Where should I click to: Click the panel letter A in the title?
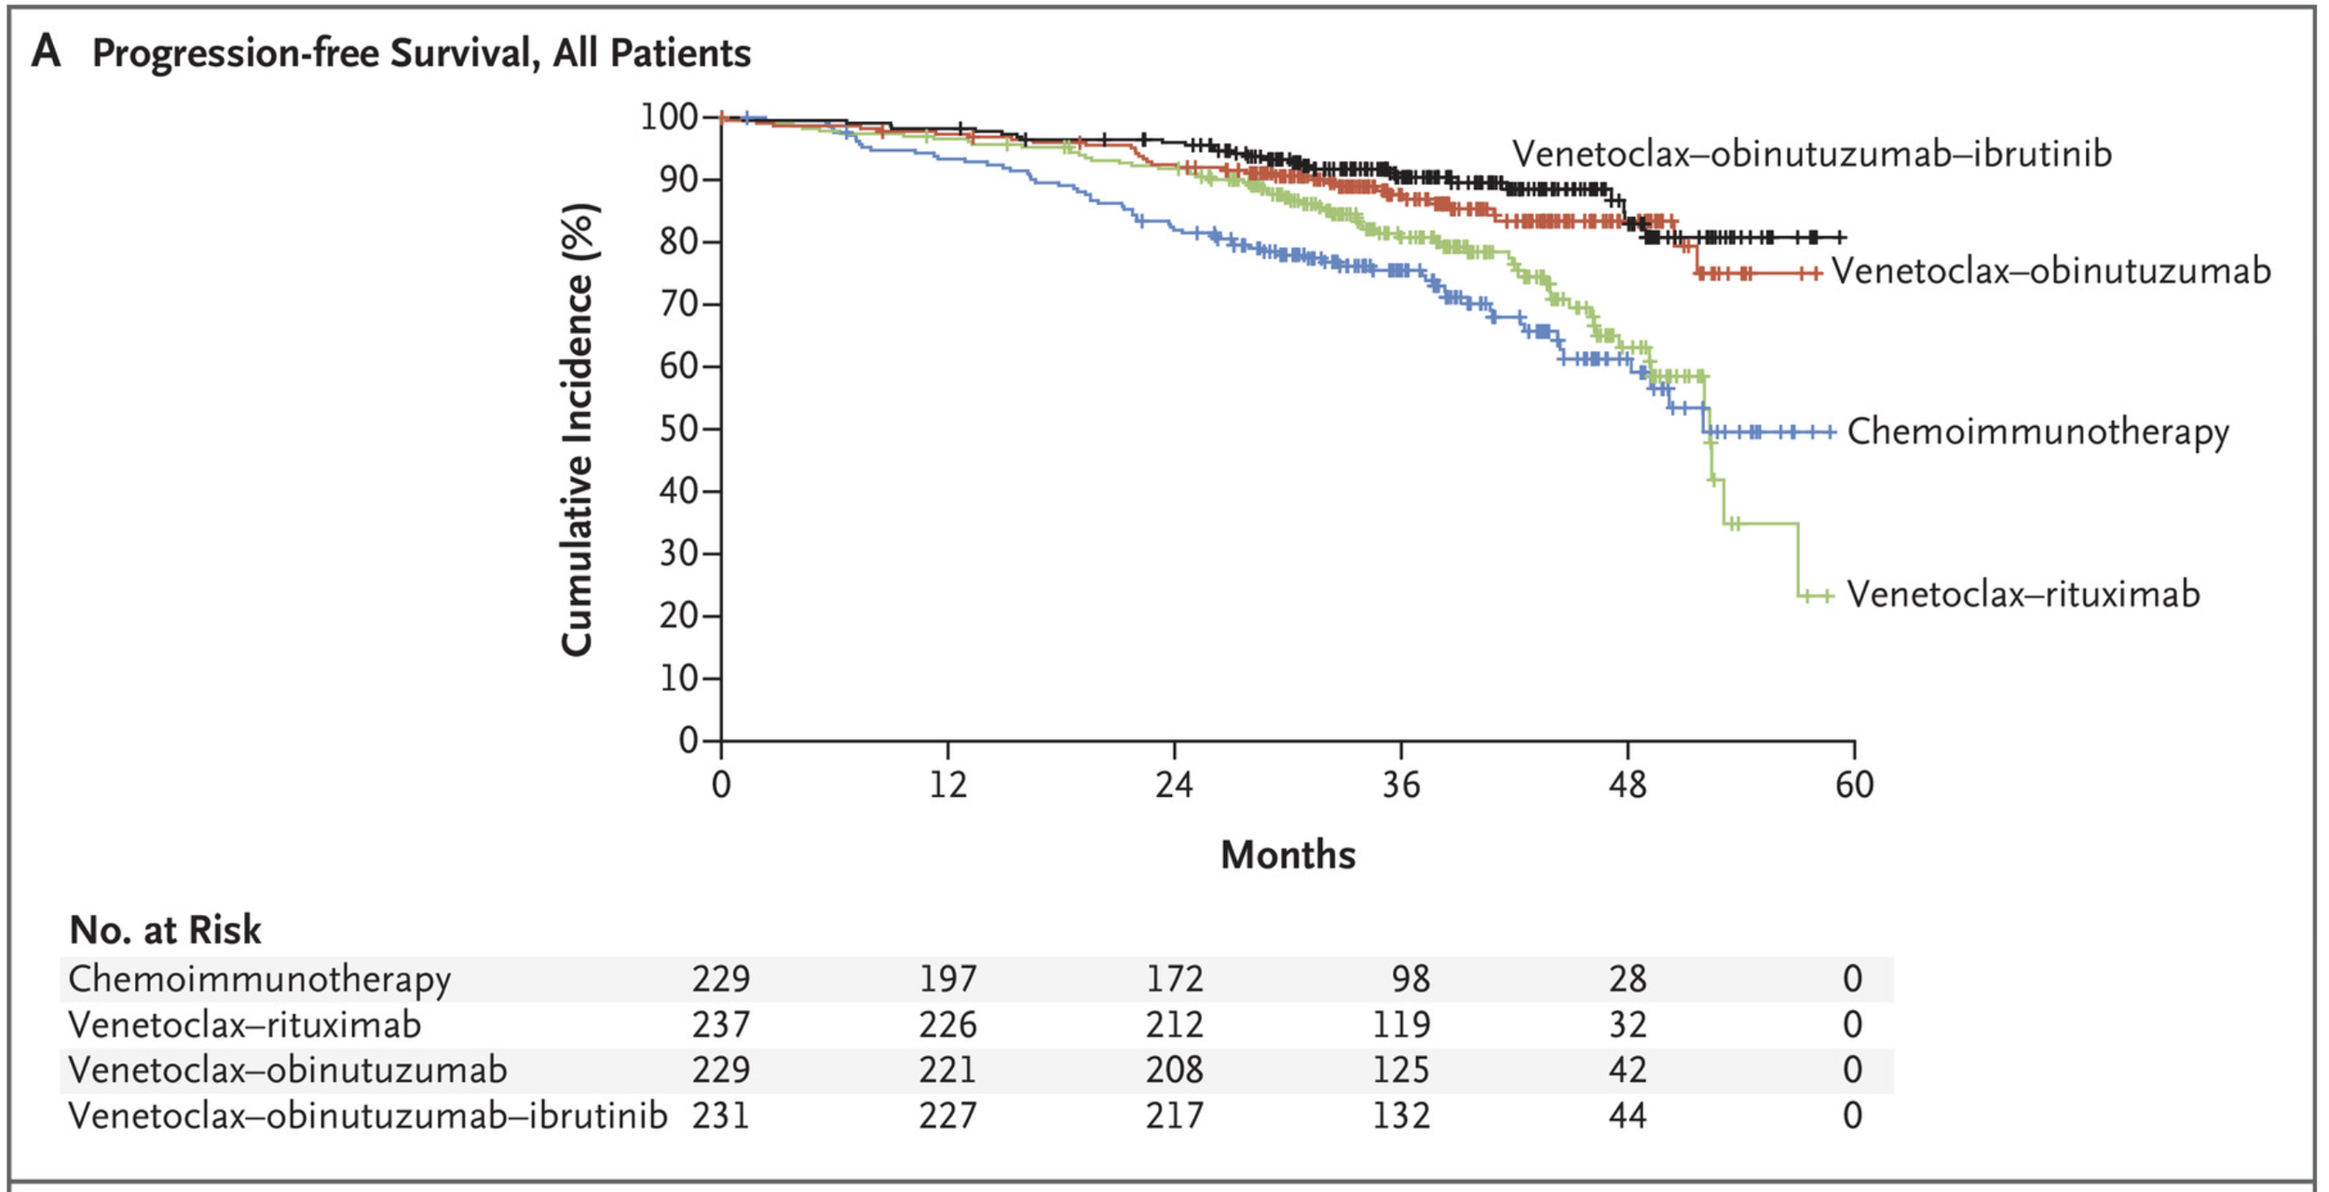point(46,51)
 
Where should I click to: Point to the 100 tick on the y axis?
point(670,117)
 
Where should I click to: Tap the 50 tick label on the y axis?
point(679,429)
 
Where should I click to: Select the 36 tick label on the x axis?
point(1401,785)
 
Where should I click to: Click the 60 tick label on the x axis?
point(1854,785)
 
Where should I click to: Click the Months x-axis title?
point(1287,855)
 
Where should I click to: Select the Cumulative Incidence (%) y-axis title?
point(578,430)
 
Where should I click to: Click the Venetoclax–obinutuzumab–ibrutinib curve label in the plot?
point(1812,154)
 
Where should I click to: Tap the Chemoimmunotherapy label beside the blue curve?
point(2038,432)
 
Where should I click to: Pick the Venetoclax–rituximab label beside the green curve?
point(2023,594)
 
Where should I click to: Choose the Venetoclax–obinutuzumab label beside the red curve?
point(2051,271)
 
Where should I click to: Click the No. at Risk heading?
point(165,929)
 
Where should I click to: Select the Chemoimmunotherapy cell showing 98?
point(1410,979)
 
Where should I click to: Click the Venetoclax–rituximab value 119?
point(1401,1024)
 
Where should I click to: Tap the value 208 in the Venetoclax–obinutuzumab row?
point(1174,1069)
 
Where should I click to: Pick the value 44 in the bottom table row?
point(1628,1115)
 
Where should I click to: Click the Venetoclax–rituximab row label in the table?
point(244,1024)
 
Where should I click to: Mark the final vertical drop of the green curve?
point(1797,559)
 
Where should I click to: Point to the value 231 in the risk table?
point(720,1115)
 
